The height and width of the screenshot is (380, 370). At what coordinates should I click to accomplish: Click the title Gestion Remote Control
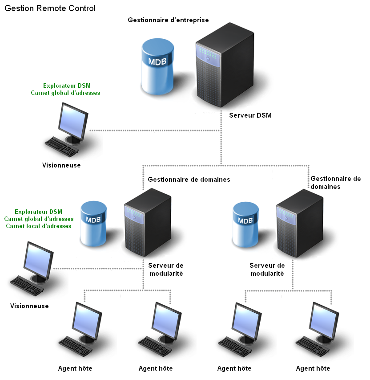pyautogui.click(x=50, y=8)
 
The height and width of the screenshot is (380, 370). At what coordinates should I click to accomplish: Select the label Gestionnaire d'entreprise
pyautogui.click(x=168, y=20)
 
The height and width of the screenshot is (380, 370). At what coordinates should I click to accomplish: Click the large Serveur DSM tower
pyautogui.click(x=225, y=67)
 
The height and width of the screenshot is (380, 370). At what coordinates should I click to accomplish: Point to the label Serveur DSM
pyautogui.click(x=250, y=115)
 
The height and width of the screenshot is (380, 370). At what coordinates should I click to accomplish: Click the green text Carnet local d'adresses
pyautogui.click(x=39, y=226)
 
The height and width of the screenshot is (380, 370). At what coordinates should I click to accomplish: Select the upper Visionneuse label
pyautogui.click(x=61, y=165)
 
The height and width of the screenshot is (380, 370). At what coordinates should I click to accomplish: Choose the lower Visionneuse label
pyautogui.click(x=29, y=306)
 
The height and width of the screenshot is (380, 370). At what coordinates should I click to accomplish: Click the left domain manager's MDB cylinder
pyautogui.click(x=93, y=223)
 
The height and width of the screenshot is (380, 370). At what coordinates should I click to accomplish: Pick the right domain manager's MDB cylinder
pyautogui.click(x=246, y=223)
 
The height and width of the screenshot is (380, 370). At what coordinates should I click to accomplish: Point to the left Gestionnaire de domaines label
pyautogui.click(x=189, y=180)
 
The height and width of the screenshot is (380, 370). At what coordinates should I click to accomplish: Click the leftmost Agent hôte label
pyautogui.click(x=75, y=368)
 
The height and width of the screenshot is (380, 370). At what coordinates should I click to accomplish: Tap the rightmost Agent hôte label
pyautogui.click(x=313, y=368)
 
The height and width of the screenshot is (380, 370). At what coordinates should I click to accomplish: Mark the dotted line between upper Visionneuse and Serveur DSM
pyautogui.click(x=156, y=131)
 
